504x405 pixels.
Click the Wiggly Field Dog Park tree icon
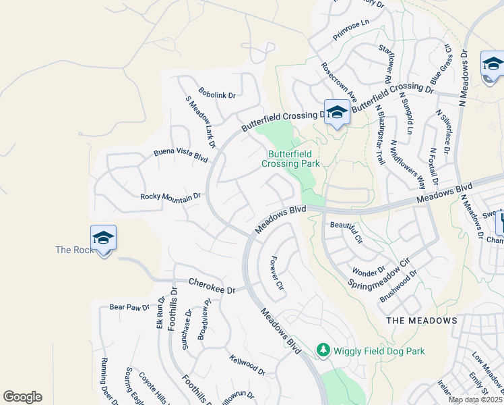tap(323, 350)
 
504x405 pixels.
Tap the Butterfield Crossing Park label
tap(290, 159)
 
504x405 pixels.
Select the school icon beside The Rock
tap(103, 238)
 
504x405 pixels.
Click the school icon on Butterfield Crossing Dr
tap(337, 113)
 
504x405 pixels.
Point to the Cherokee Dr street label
tap(212, 286)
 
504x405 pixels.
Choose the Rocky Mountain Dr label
tap(170, 196)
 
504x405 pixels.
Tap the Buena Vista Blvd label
tap(181, 155)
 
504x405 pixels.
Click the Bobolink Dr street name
tap(217, 93)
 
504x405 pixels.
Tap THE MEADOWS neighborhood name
tap(422, 320)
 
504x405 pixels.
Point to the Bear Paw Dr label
tap(129, 307)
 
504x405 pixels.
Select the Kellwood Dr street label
tap(247, 366)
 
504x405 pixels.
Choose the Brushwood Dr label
tap(398, 286)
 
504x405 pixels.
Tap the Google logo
tap(22, 397)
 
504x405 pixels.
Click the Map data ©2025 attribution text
tap(476, 400)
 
